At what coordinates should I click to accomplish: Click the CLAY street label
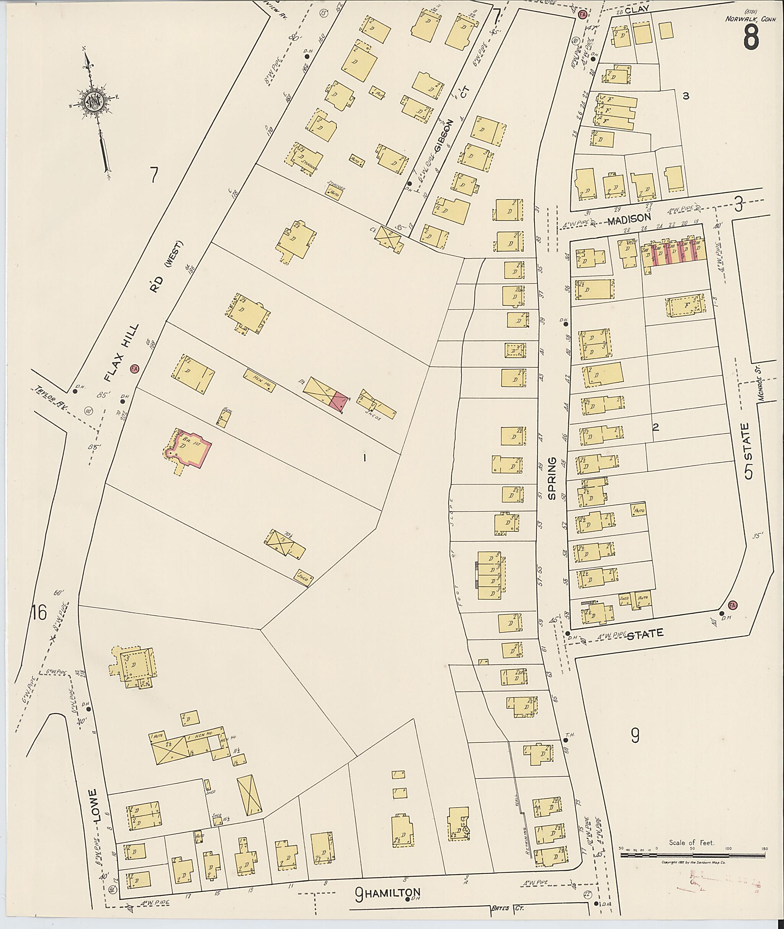pyautogui.click(x=637, y=9)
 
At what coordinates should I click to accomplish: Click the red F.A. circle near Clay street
pyautogui.click(x=583, y=14)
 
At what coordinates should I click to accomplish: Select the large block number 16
pyautogui.click(x=38, y=613)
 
